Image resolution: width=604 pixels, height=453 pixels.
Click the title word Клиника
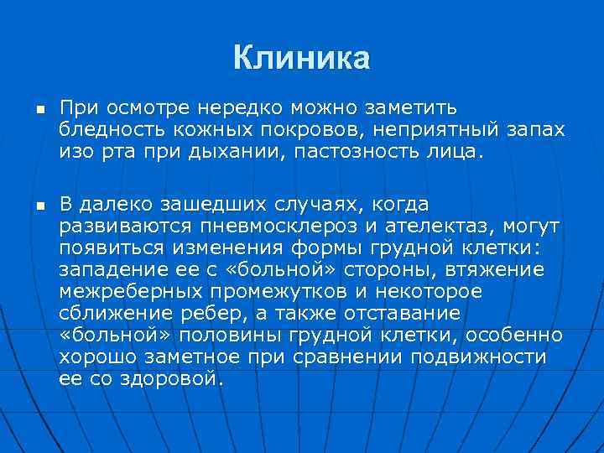coord(301,58)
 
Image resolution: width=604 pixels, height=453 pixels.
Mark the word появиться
coord(110,248)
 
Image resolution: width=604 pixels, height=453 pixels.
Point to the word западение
coord(108,270)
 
